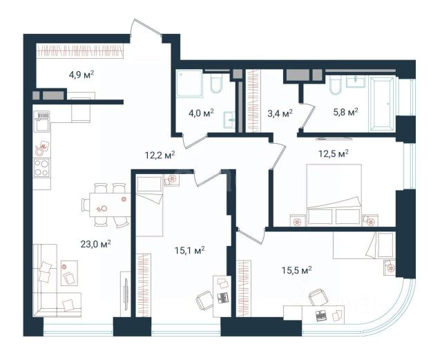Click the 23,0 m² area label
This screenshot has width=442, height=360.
click(95, 244)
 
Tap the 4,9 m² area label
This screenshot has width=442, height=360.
click(81, 75)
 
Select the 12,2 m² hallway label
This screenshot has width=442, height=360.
click(160, 155)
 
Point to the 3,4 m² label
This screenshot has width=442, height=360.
click(280, 113)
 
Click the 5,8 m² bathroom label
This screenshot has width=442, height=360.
click(345, 112)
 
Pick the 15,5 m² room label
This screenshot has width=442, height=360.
click(296, 270)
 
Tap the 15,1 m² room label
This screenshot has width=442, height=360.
click(189, 250)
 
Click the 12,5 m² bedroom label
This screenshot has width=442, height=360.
click(334, 154)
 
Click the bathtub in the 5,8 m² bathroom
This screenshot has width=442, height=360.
click(381, 104)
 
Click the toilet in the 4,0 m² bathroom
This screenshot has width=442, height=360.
click(217, 84)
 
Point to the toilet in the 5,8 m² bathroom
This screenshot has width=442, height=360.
click(336, 85)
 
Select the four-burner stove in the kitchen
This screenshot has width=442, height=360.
click(41, 168)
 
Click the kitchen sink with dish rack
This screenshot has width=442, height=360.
click(41, 122)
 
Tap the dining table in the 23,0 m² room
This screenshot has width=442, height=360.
click(110, 205)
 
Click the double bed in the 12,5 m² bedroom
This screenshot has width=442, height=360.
click(334, 195)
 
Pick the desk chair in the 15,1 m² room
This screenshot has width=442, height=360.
click(205, 300)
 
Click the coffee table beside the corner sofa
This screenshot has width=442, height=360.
click(69, 273)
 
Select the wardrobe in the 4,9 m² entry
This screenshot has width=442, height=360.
click(80, 51)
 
